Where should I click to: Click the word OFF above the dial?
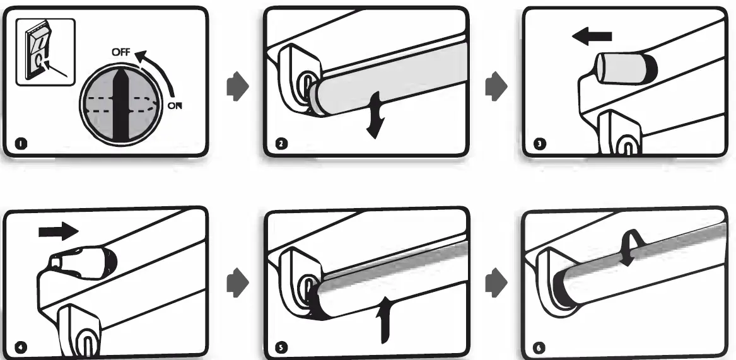point(122,54)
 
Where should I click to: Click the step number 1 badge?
point(23,147)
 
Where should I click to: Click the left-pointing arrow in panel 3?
point(592,38)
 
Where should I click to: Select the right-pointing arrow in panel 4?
point(56,232)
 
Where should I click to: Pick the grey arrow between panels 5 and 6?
point(495,278)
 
